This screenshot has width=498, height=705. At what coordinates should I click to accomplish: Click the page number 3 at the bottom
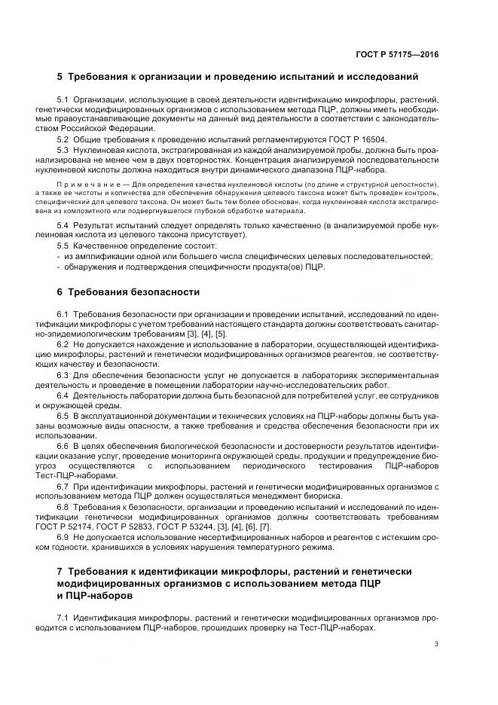click(x=437, y=644)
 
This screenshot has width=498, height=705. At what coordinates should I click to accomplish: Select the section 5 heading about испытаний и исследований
click(x=237, y=77)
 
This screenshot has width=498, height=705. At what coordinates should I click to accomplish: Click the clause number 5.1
click(x=63, y=99)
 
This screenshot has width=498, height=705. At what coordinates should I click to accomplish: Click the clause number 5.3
click(x=63, y=150)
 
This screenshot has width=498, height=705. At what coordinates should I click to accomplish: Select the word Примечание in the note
click(x=83, y=185)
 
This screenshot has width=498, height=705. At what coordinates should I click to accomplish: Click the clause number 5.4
click(x=63, y=225)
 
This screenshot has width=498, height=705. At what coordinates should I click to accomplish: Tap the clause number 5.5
click(x=63, y=246)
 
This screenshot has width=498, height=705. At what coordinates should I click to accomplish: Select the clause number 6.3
click(x=63, y=374)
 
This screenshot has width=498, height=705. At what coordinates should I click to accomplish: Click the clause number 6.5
click(x=63, y=415)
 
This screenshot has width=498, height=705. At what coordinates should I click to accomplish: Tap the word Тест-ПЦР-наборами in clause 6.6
click(x=87, y=476)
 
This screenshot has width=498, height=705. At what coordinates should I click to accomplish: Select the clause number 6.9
click(x=63, y=537)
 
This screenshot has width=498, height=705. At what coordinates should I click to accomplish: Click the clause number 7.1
click(x=63, y=618)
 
